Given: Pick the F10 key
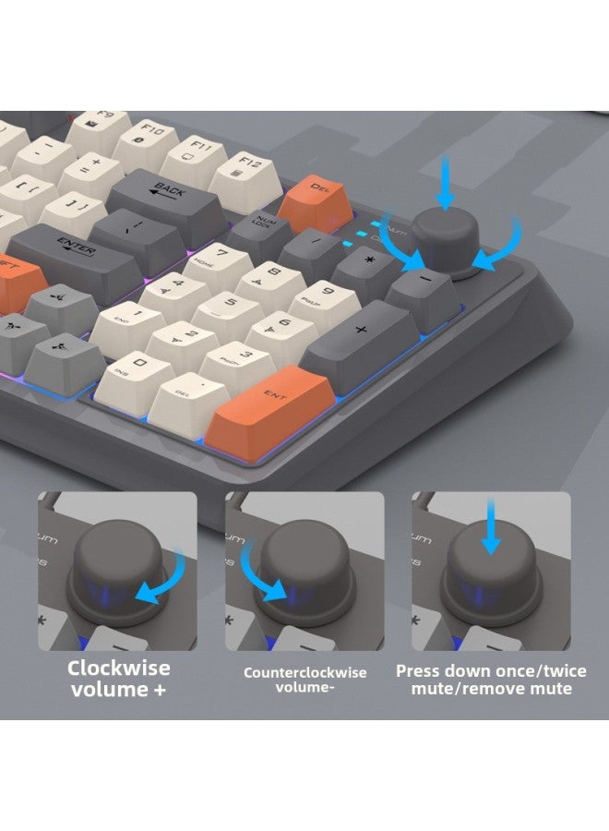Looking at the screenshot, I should coord(148,136).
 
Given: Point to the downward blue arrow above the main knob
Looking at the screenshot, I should coord(448,183).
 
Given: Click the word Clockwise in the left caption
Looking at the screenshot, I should coord(118,668).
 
